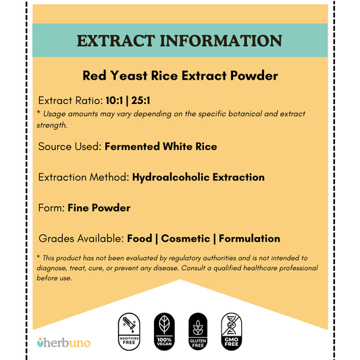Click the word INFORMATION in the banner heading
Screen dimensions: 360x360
click(x=224, y=41)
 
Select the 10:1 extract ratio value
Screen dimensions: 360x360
click(x=115, y=100)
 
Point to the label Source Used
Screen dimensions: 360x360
click(x=70, y=146)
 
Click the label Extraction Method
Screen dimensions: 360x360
click(x=83, y=177)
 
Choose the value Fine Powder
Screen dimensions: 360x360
click(x=99, y=207)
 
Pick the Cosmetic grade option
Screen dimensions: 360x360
click(x=186, y=238)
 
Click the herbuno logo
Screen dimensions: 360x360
click(x=63, y=342)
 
